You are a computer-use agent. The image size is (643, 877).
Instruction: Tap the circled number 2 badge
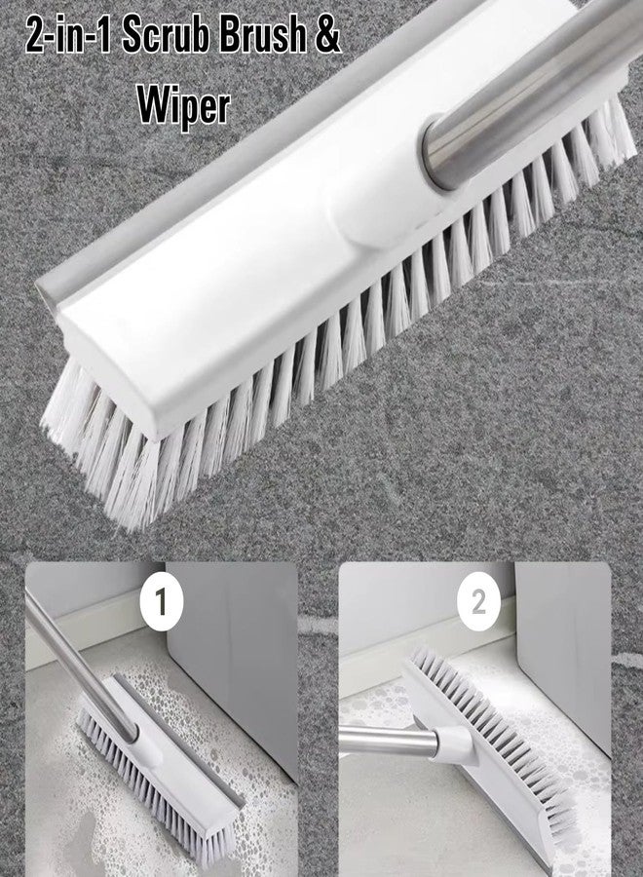(x=477, y=602)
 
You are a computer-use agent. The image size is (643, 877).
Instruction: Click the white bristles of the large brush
(x=292, y=390)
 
